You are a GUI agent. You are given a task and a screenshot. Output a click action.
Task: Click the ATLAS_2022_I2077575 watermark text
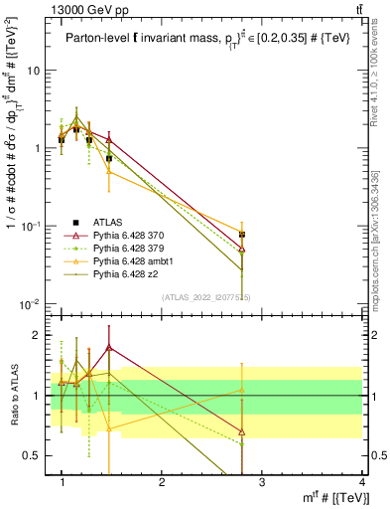[x=204, y=295]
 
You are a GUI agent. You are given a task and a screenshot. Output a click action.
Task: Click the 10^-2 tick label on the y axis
[x=32, y=303]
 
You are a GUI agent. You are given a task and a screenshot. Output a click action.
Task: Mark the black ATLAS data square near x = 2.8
[x=243, y=235]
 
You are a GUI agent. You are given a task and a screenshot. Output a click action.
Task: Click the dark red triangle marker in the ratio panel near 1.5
[x=109, y=348]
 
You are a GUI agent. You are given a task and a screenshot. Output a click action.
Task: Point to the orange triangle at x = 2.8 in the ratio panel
[x=243, y=390]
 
